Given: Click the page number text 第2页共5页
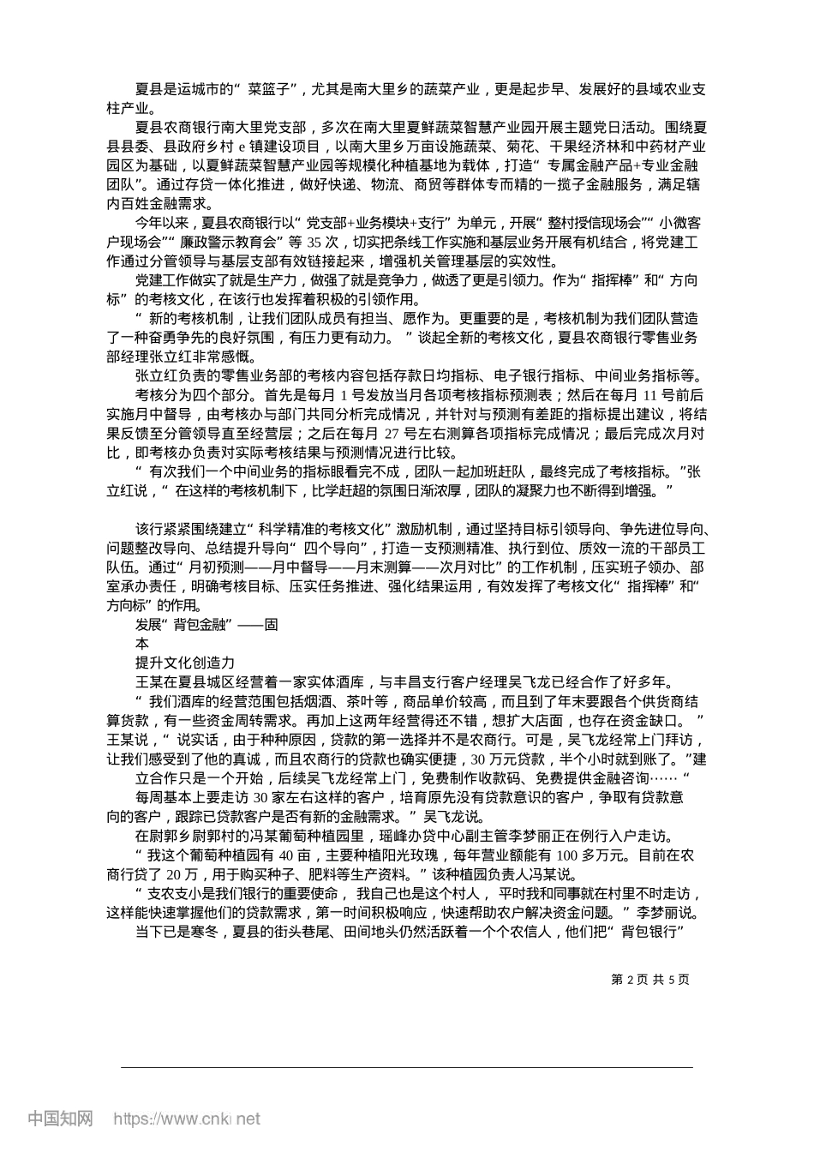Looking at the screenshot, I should point(649,978).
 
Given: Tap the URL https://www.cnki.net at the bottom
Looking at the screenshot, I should point(186,1119).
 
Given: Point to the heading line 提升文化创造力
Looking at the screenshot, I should point(179,663).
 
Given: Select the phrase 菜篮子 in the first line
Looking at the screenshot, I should point(269,88).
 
